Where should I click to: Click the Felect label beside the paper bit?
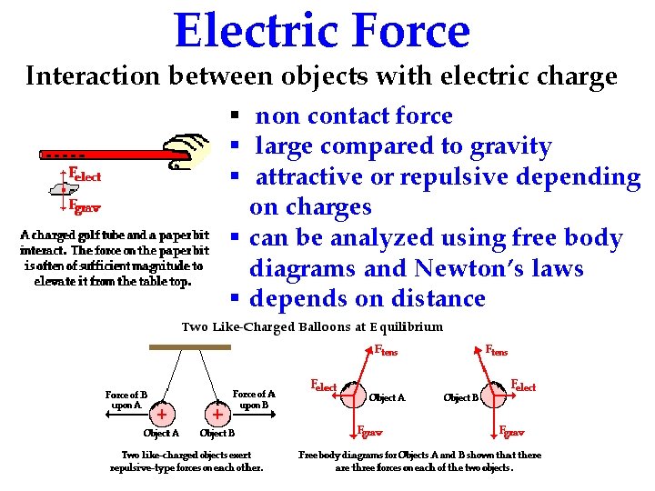85,175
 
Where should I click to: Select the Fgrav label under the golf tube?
85,205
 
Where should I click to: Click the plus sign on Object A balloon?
161,414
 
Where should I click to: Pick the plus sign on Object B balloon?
217,414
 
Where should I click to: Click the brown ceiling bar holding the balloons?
190,347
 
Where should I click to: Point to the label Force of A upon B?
254,399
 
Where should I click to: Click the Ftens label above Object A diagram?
387,350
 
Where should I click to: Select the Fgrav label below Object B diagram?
512,431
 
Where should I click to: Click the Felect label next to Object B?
523,386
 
